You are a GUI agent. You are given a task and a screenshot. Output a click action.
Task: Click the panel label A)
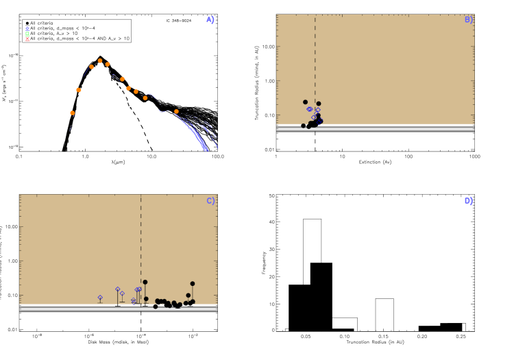[x=210, y=20]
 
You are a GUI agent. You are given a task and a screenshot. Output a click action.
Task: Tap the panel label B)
[x=469, y=20]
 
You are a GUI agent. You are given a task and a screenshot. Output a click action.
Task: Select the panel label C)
[x=211, y=201]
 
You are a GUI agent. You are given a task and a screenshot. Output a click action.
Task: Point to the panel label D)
[x=469, y=201]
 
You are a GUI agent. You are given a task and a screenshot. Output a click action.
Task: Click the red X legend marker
[x=27, y=39]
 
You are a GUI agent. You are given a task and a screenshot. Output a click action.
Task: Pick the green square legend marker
[x=27, y=34]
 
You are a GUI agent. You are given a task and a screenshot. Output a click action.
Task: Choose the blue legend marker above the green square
[x=27, y=29]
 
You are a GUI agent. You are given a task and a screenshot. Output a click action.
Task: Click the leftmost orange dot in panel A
[x=72, y=113]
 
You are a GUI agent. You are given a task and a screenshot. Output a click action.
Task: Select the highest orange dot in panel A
[x=100, y=61]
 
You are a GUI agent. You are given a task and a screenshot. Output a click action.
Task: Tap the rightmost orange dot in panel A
[x=176, y=111]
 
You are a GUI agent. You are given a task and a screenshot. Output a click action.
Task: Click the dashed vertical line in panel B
[x=315, y=62]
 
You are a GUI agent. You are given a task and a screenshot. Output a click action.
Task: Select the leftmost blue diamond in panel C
[x=100, y=298]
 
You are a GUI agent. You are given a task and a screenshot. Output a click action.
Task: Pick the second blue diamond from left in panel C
[x=118, y=289]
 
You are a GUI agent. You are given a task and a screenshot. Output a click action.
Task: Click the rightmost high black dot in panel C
[x=193, y=283]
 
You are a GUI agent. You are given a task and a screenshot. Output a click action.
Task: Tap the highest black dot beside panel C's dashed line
[x=145, y=282]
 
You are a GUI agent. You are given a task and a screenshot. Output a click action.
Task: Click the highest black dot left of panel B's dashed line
[x=306, y=102]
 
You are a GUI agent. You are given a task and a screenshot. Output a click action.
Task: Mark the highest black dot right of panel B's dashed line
[x=319, y=104]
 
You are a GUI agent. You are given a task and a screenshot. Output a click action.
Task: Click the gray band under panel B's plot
[x=375, y=129]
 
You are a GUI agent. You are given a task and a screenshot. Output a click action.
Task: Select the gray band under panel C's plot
[x=118, y=309]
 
